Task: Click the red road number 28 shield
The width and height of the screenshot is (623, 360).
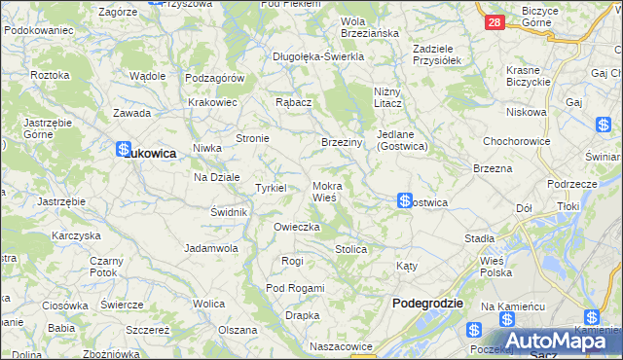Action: (495, 21)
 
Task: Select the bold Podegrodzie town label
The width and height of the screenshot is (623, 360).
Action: (426, 304)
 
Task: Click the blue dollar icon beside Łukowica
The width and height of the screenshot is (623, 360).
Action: (123, 150)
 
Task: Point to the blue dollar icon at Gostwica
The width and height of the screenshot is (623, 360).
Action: (404, 200)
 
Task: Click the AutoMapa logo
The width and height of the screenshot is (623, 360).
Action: (556, 340)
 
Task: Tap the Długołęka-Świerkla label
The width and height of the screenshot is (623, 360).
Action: (318, 56)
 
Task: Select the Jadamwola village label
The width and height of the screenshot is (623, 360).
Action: (211, 248)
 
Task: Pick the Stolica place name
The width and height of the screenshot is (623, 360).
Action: (350, 249)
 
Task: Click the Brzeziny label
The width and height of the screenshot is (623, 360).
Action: (342, 142)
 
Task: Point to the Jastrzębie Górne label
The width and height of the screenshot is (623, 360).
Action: (38, 128)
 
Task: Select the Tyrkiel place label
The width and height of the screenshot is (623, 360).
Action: (270, 188)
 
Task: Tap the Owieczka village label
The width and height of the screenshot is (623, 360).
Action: (297, 227)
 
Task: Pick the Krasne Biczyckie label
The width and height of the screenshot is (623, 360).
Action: (530, 77)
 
